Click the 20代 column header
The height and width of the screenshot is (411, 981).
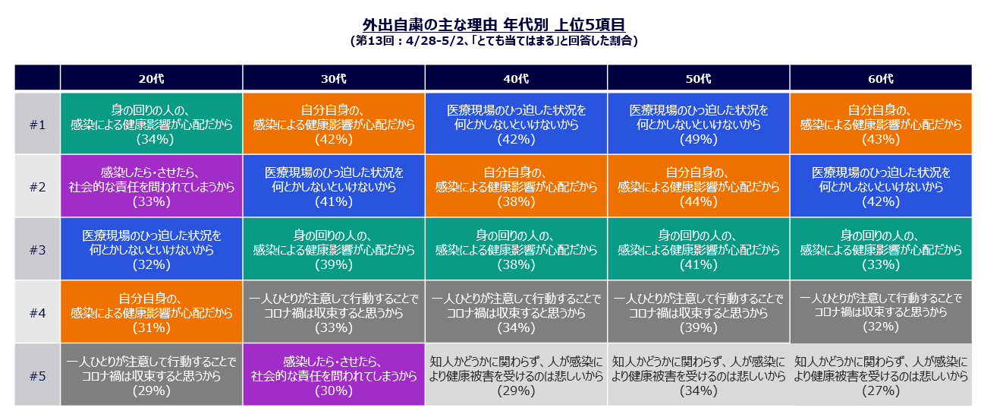point(152,78)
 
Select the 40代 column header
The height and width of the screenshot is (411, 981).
point(516,78)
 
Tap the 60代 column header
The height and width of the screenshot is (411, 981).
point(881,78)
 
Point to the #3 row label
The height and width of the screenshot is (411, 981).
point(37,249)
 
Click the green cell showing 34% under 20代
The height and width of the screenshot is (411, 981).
point(152,124)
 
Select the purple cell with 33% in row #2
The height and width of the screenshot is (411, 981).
point(152,186)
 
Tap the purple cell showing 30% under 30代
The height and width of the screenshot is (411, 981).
point(334,375)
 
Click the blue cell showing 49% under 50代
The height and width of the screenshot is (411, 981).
point(699,124)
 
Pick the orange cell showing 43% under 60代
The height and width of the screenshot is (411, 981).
point(881,124)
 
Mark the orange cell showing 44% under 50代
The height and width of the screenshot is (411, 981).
point(699,186)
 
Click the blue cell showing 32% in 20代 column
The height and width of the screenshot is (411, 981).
point(152,249)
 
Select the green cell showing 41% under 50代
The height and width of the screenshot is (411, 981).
point(699,249)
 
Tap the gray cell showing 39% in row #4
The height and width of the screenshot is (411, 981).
point(699,312)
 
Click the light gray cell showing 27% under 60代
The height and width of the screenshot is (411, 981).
point(881,375)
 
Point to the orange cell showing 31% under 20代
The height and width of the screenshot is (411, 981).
point(152,312)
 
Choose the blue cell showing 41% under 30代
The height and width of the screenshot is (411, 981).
point(334,186)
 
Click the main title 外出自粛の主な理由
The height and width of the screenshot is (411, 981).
point(429,24)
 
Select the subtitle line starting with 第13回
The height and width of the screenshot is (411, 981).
point(494,41)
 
